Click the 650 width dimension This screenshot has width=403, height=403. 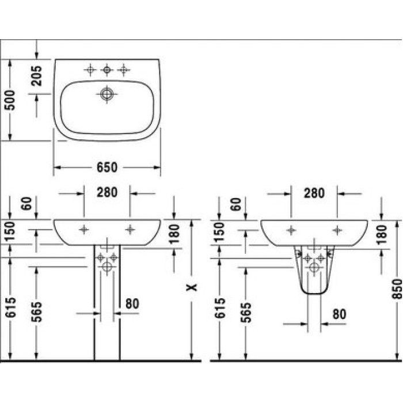tap(107, 168)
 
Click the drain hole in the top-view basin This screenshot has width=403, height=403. tap(107, 94)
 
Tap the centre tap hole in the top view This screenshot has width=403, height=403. tap(107, 70)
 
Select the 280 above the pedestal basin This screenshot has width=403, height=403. tap(107, 193)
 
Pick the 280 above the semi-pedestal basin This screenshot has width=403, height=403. tap(314, 193)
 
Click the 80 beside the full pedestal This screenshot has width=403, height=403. tap(132, 303)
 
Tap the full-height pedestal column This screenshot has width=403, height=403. tap(107, 311)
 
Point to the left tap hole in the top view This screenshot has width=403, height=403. tap(90, 70)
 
